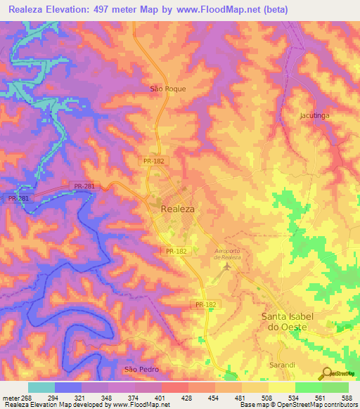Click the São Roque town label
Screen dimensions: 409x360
pyautogui.click(x=169, y=89)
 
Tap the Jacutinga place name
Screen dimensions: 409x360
pyautogui.click(x=314, y=114)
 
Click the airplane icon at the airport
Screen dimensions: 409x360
pyautogui.click(x=226, y=267)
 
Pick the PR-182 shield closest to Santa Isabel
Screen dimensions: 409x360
pyautogui.click(x=206, y=304)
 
